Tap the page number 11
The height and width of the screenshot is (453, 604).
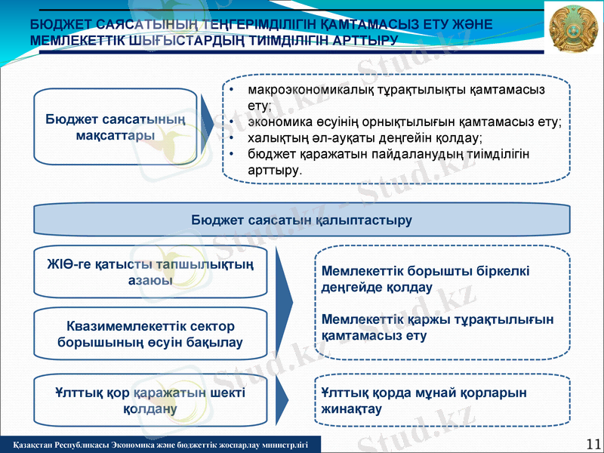pos(593,443)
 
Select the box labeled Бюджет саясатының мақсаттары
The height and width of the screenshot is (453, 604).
pos(115,127)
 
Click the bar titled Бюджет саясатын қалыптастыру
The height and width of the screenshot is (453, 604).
pos(301,220)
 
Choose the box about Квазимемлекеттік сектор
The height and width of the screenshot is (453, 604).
pos(150,334)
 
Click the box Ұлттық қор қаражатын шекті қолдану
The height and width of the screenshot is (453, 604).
pos(150,401)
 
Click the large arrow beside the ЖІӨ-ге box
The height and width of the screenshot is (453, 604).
pos(283,302)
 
